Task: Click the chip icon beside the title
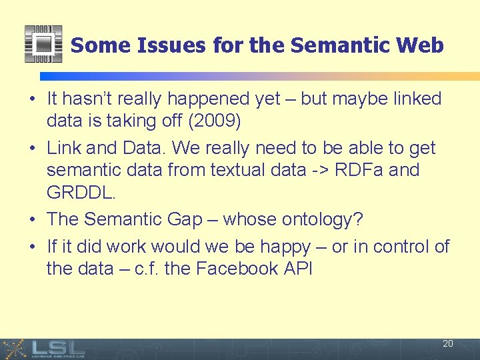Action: point(43,44)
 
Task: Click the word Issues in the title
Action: point(171,45)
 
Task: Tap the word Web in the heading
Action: point(419,45)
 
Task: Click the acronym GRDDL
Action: point(81,193)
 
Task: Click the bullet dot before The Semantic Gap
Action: point(32,219)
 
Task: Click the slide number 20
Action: point(447,343)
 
